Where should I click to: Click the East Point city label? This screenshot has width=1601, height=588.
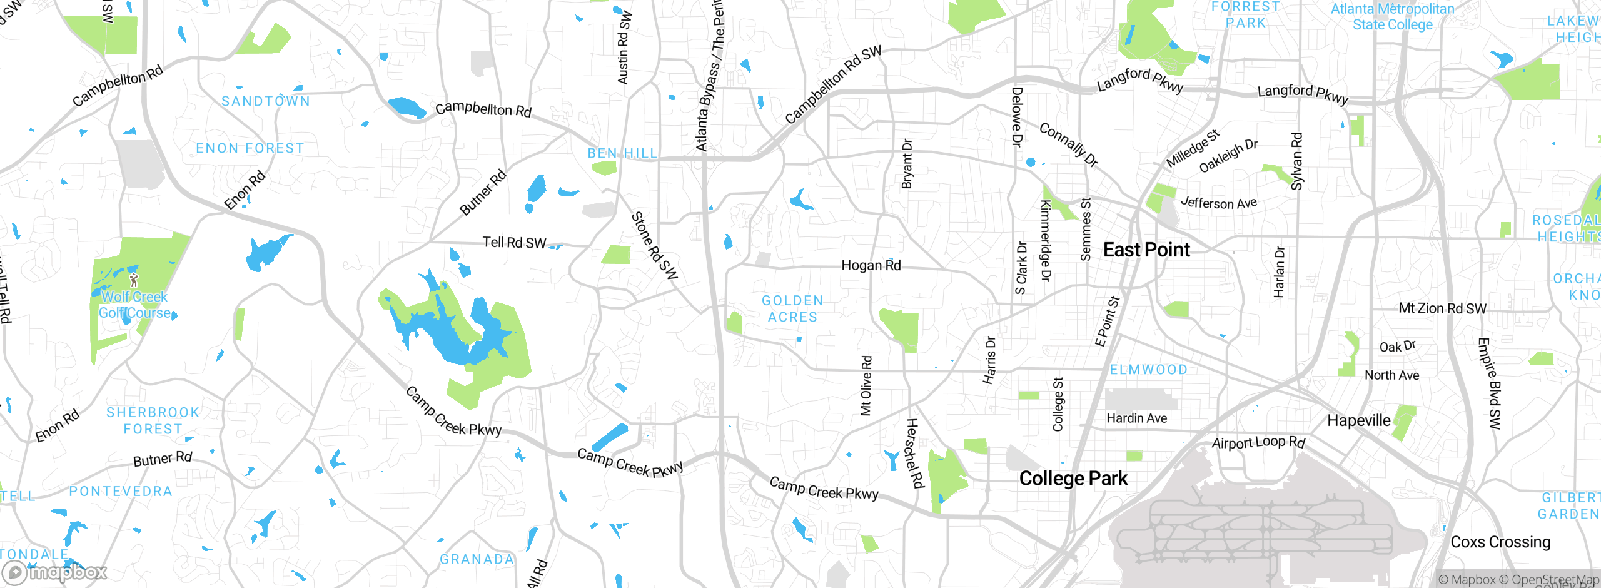(x=1146, y=250)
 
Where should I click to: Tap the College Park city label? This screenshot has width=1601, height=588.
(x=1073, y=479)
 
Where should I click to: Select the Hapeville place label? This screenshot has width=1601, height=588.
(x=1358, y=420)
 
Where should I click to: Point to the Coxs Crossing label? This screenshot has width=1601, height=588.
(x=1500, y=542)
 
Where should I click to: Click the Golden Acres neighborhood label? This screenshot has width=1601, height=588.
(x=792, y=309)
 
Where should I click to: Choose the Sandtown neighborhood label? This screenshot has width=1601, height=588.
(x=266, y=101)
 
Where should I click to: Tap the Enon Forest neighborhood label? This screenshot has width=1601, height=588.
(x=250, y=148)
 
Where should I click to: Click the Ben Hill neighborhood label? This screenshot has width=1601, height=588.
(x=622, y=153)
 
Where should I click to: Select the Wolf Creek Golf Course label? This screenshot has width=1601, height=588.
(x=135, y=305)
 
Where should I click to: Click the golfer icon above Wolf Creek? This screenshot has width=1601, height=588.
(x=133, y=280)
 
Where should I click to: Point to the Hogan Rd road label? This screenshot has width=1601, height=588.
(x=871, y=265)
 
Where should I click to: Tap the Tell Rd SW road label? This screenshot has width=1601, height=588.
(x=514, y=242)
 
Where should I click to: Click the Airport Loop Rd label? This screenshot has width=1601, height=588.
(x=1258, y=442)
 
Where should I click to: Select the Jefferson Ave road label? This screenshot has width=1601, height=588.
(x=1218, y=203)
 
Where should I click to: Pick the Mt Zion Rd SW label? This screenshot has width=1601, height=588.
(x=1442, y=308)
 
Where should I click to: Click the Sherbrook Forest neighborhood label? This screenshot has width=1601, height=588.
(x=153, y=421)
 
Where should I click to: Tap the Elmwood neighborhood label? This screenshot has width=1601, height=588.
(x=1148, y=370)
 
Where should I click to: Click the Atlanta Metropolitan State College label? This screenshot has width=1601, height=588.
(x=1392, y=17)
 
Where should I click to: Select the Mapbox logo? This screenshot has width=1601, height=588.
(x=55, y=572)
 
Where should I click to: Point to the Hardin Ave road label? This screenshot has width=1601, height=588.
(x=1136, y=418)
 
